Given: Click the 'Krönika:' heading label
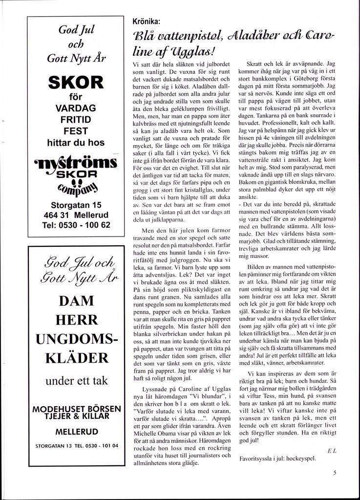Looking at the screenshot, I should click(148, 22).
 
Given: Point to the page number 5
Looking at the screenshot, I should click(335, 472).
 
